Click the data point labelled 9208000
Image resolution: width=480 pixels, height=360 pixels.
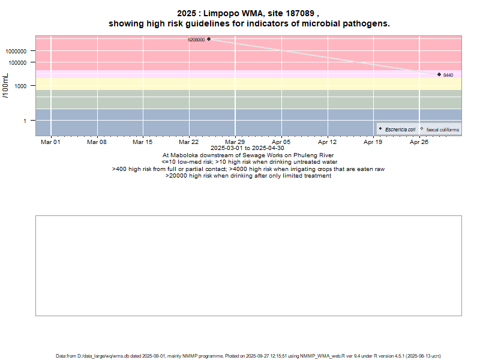209,39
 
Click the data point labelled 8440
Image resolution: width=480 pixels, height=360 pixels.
439,74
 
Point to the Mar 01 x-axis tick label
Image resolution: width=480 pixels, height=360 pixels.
50,142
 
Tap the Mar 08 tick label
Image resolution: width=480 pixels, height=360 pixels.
97,142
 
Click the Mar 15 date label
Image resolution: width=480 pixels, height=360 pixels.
143,142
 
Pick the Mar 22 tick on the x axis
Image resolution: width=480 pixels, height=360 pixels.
189,142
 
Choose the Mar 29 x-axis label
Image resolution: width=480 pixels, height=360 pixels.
235,142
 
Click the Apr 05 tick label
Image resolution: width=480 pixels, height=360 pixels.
281,142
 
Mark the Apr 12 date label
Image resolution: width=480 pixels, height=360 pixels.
328,142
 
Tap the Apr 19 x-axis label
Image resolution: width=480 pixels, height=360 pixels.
373,142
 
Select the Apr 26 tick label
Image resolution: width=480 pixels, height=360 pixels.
419,142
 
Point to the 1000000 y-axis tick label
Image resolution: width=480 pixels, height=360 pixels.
21,51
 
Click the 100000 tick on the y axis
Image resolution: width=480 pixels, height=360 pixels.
23,62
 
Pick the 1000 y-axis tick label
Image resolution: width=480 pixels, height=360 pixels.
26,86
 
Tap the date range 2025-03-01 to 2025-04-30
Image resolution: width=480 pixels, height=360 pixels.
247,148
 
